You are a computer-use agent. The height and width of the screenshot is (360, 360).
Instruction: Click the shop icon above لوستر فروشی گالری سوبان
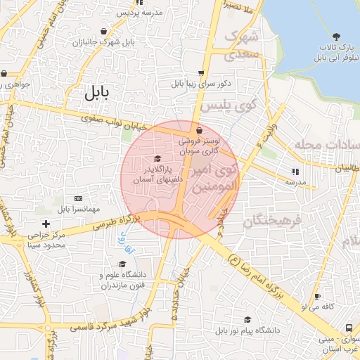tap(200, 130)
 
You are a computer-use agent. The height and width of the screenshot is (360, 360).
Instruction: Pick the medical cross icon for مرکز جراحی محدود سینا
tap(46, 224)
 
